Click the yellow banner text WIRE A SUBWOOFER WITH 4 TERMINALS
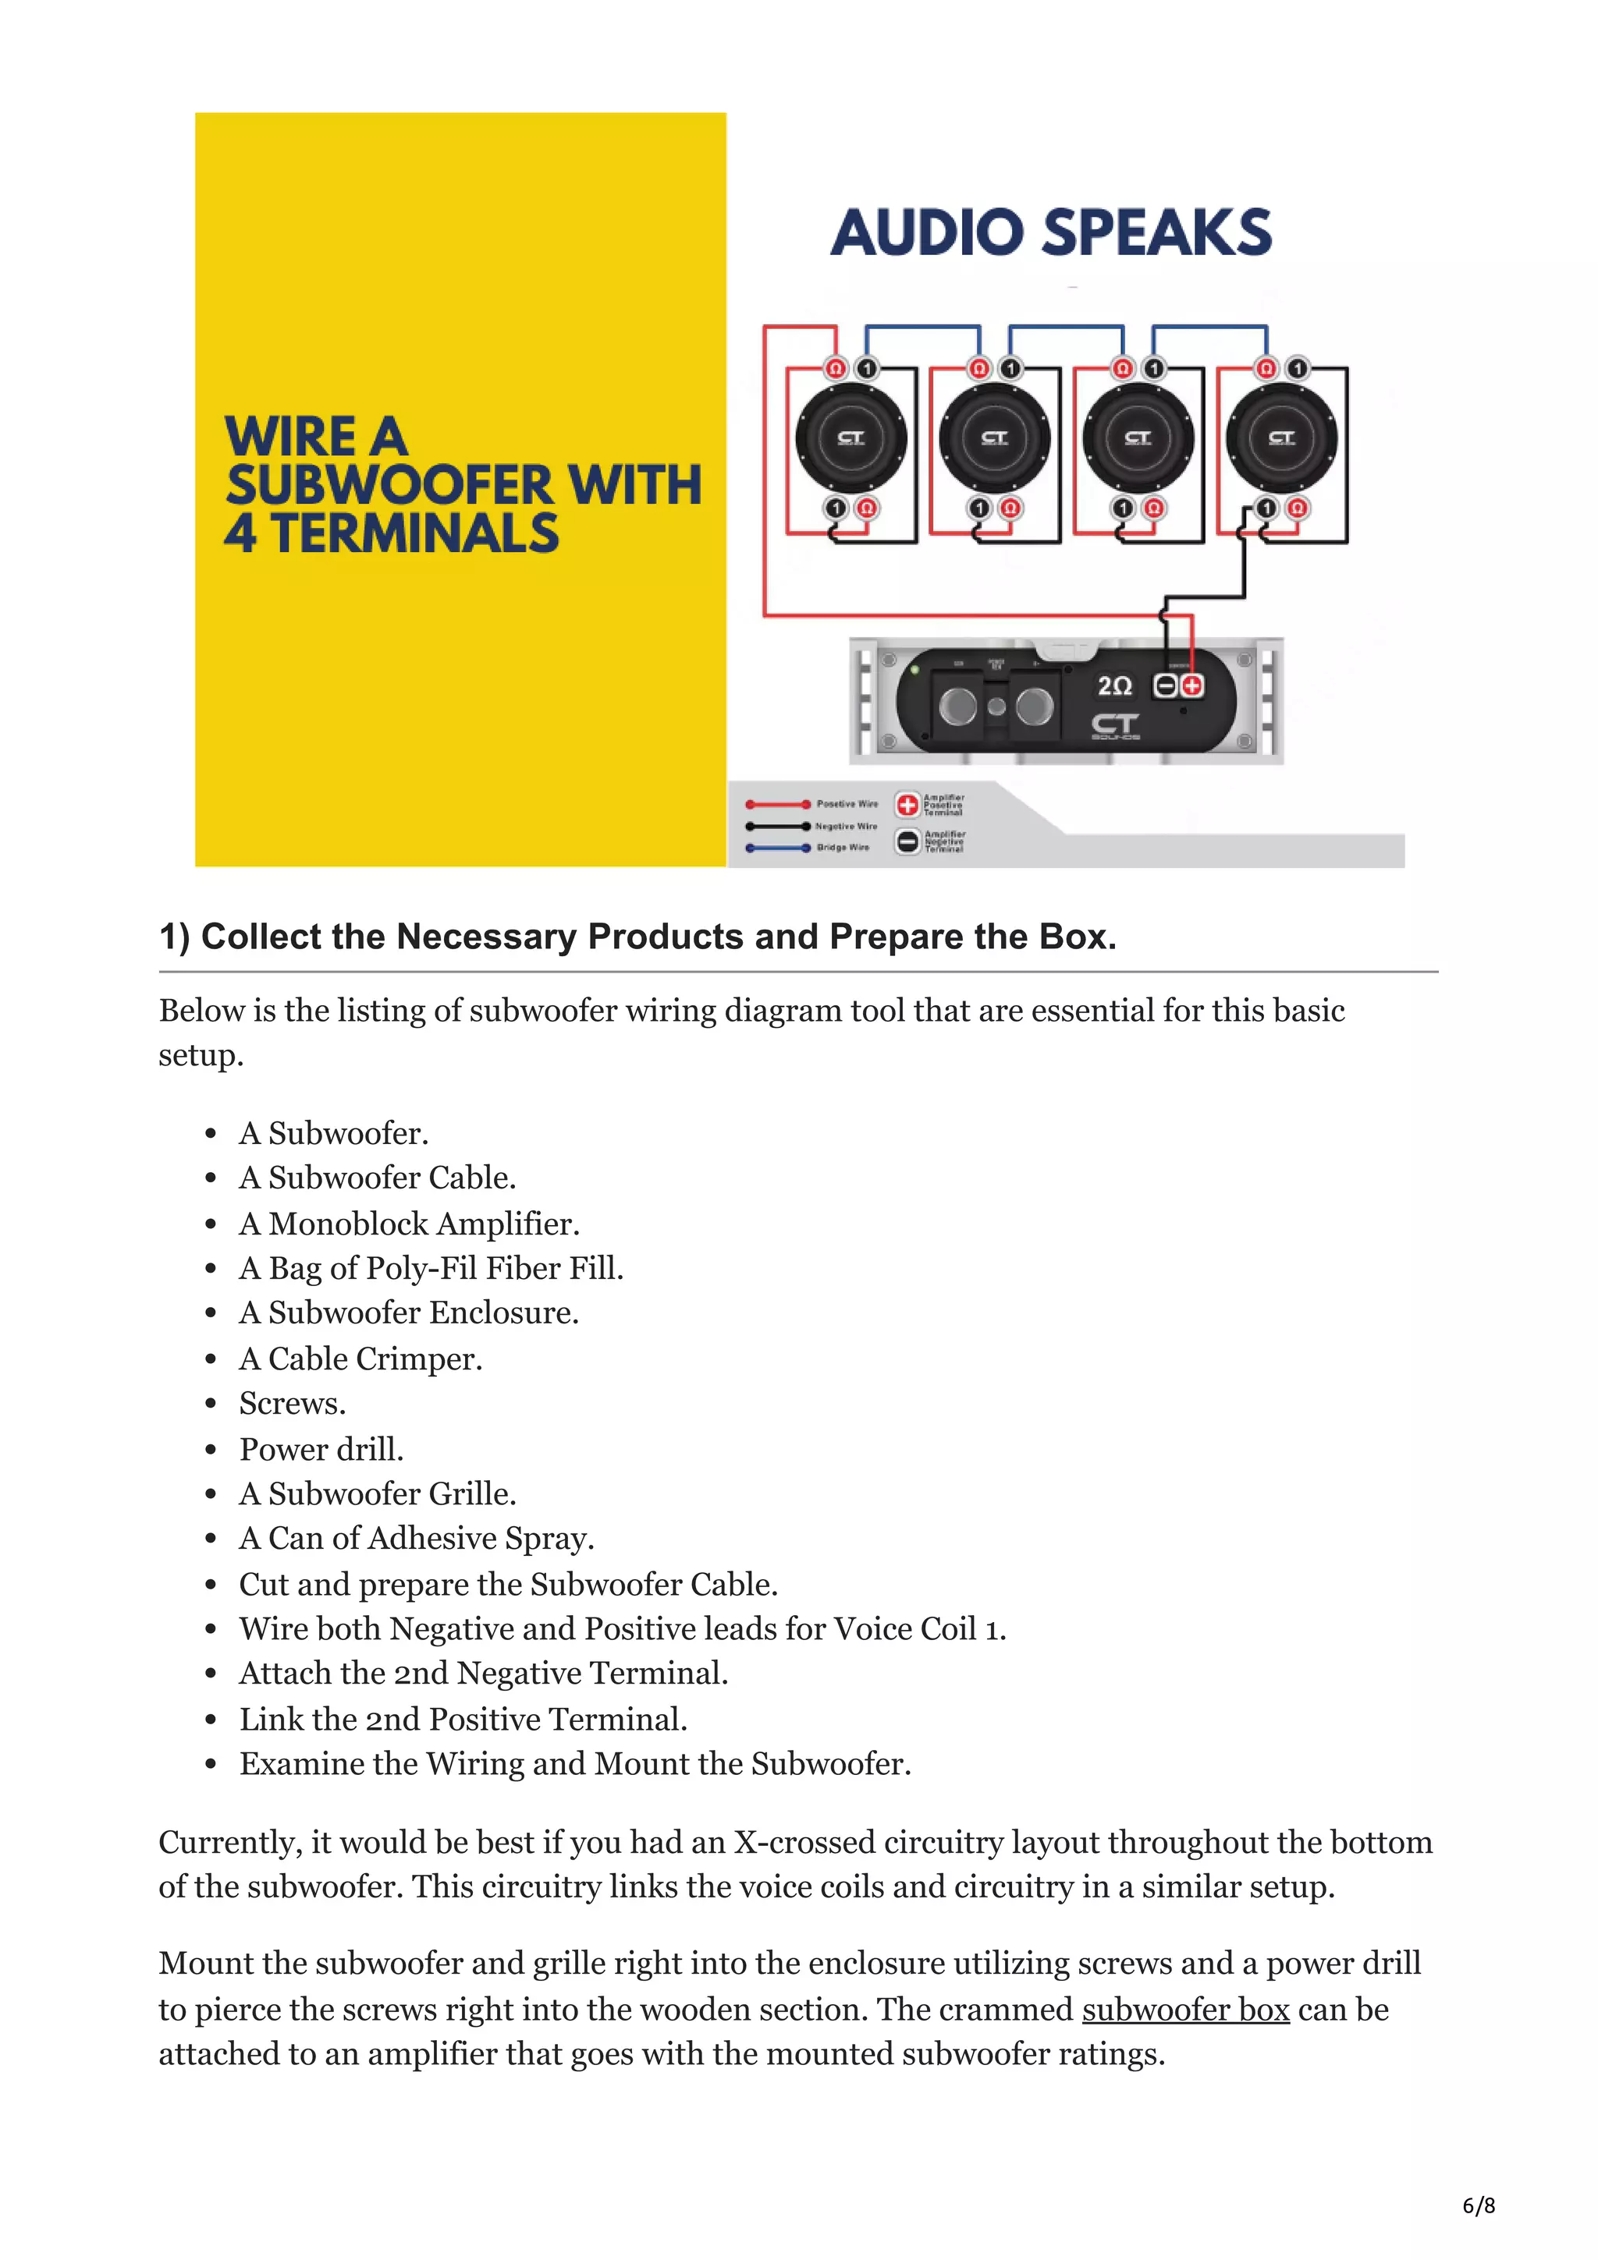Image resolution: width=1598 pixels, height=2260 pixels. click(462, 485)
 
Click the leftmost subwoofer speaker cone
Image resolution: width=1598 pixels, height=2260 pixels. click(850, 438)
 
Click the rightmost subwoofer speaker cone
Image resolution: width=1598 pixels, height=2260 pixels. click(1281, 438)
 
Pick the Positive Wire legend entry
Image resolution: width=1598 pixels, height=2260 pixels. click(846, 804)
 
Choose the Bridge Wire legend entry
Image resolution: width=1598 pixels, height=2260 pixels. click(842, 848)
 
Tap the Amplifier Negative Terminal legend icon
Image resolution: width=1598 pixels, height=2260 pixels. click(907, 841)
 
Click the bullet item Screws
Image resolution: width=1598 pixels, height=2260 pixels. click(293, 1403)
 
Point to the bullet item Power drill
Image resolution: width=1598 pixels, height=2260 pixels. click(321, 1449)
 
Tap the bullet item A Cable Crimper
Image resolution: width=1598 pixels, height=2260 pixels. click(360, 1358)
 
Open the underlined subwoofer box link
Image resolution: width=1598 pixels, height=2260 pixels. click(1185, 2009)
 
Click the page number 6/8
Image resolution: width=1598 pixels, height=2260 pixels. click(1478, 2205)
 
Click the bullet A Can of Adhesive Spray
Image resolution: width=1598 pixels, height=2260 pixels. click(417, 1538)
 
